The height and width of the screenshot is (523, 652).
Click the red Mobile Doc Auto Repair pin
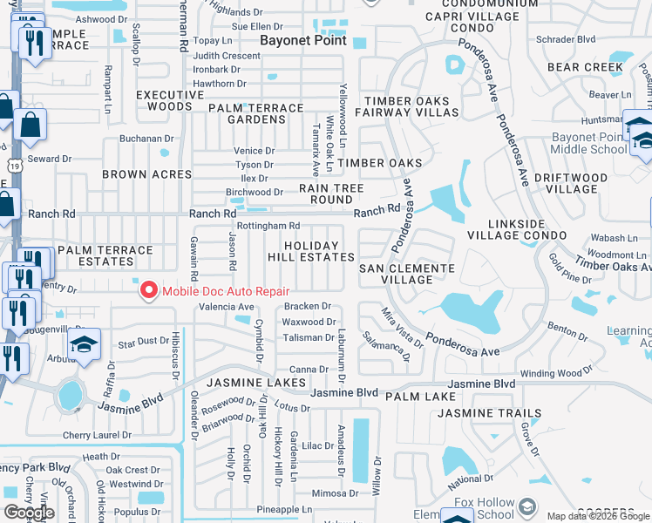(149, 289)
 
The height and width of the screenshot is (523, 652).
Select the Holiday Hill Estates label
(319, 251)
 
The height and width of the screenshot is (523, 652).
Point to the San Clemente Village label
(407, 274)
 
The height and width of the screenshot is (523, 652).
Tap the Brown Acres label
(146, 174)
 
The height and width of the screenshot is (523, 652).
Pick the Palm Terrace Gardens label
(255, 113)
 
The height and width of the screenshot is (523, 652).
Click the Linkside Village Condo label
(530, 230)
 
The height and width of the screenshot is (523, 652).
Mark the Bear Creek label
(585, 67)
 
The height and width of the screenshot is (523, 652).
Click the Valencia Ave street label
(227, 307)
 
